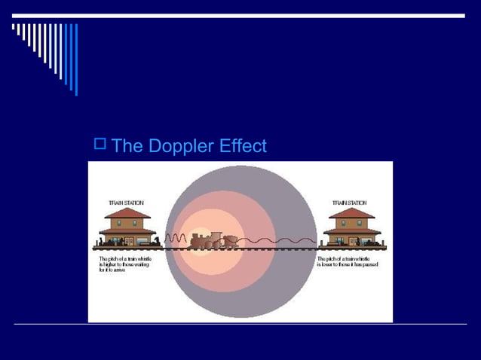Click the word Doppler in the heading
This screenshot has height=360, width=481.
182,146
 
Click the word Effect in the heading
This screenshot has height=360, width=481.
242,146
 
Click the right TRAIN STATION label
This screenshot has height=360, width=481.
350,203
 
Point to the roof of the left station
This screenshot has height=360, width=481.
127,215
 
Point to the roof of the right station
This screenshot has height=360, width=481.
352,215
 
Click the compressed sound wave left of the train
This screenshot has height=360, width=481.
176,239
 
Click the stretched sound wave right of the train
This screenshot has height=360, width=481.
279,240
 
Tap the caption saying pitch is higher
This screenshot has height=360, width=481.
126,263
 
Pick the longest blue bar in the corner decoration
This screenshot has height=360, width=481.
75,59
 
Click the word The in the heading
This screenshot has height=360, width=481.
127,146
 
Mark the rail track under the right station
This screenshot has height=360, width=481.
352,248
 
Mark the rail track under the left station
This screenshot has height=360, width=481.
127,248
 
